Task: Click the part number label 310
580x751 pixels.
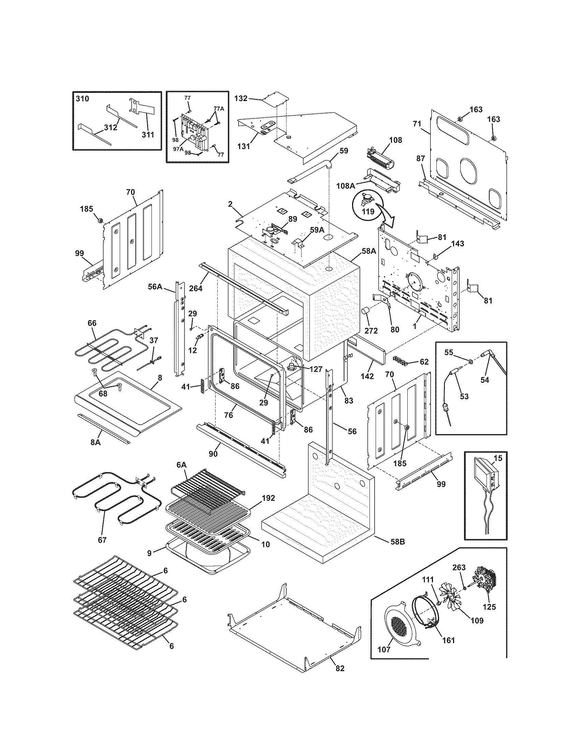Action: [82, 99]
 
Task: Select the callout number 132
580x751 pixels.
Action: [241, 98]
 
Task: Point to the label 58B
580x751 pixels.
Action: [398, 541]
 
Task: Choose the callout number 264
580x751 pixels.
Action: [196, 288]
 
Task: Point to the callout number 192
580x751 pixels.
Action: [269, 498]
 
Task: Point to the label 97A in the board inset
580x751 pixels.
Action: [178, 149]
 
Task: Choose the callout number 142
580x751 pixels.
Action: [367, 376]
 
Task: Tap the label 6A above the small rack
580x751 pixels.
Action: [182, 464]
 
